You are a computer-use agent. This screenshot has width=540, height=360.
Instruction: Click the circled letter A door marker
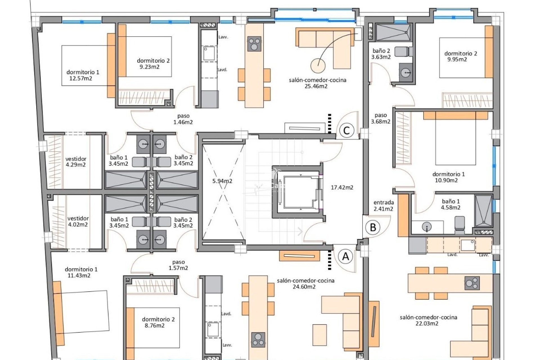pos(345,256)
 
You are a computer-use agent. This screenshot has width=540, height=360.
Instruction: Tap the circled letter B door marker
pos(373,227)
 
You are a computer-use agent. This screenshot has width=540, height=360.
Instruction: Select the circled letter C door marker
pos(346,130)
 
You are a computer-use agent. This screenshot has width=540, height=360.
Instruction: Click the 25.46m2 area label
pos(316,86)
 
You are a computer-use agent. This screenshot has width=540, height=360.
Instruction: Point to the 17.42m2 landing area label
pos(342,187)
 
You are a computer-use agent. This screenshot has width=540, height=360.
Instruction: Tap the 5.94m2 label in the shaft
pos(222,181)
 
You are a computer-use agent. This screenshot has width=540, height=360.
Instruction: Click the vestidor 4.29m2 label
pos(76,162)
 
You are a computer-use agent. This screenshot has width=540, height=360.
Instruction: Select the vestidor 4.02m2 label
pos(78,221)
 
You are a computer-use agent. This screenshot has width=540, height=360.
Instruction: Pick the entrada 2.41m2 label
pos(384,206)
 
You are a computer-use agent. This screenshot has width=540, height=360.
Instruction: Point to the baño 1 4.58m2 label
pos(451,204)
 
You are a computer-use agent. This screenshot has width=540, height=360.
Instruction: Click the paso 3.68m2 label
pos(381,118)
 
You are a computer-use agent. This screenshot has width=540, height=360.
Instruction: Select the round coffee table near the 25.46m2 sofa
pos(318,66)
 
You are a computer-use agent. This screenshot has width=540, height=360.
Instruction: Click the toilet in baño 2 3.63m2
pos(403,51)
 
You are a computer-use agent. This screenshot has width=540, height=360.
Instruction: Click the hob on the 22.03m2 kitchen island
pos(472,283)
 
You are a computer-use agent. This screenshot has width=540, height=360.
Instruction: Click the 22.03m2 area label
pos(427,323)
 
